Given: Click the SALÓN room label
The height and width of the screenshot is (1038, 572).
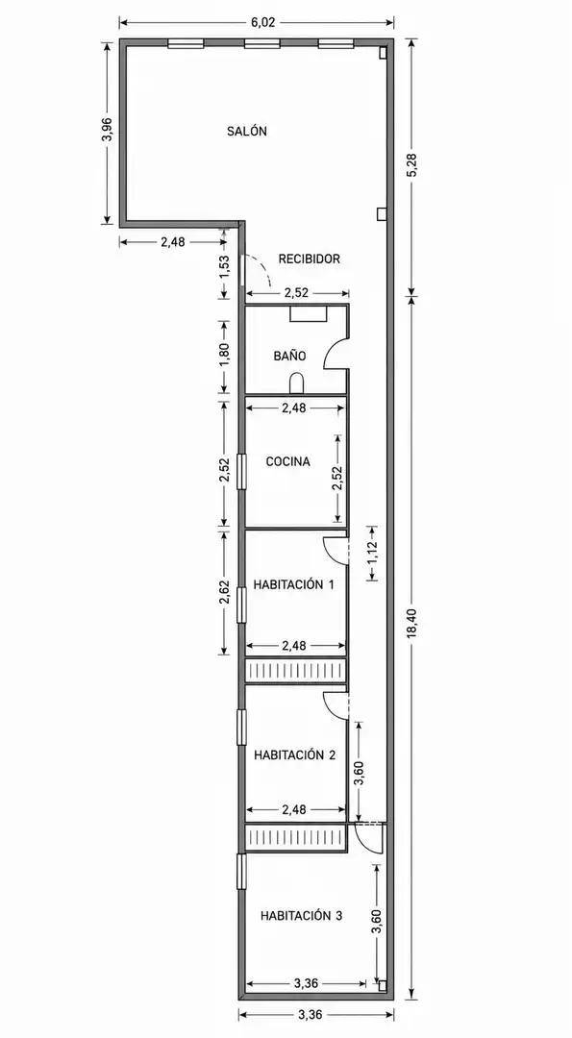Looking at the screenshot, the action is [247, 131].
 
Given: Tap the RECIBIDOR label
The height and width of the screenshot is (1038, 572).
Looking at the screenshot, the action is [310, 259].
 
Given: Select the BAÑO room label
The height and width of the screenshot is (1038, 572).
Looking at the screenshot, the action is [290, 356].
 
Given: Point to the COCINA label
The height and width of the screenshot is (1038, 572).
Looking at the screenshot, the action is [288, 461].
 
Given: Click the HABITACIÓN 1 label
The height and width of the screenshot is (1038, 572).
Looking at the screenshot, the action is [293, 584].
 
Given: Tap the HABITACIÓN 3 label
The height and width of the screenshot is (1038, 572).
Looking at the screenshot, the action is [301, 916].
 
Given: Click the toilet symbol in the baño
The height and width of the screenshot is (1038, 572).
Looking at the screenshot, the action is [296, 383].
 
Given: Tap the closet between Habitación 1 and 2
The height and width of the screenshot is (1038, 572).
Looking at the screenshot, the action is [296, 670].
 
